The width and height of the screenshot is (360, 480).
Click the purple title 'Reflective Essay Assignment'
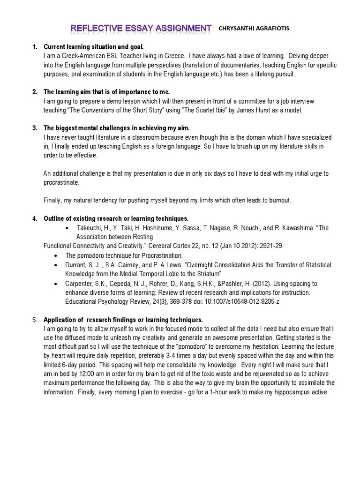click(141, 29)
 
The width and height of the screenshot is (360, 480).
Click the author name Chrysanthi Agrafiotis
click(254, 29)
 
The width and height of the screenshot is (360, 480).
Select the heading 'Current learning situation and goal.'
click(94, 47)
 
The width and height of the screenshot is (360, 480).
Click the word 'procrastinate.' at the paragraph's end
click(62, 182)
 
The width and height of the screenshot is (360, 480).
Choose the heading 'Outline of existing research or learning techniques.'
click(116, 218)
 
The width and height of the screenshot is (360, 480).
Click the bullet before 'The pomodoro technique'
click(56, 255)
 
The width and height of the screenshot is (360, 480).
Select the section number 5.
click(34, 319)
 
